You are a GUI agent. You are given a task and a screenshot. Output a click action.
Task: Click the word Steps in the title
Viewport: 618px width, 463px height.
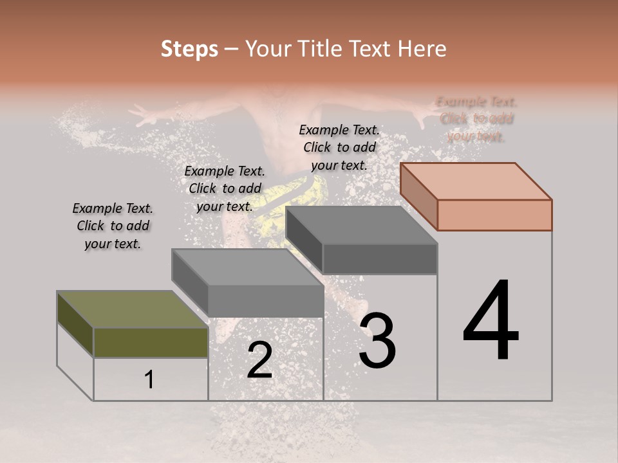189,49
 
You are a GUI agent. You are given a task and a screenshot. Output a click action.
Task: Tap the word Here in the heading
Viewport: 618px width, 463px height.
422,49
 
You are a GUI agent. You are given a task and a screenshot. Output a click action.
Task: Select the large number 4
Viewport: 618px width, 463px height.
491,322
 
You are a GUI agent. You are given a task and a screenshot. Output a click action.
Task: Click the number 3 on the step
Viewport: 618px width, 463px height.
377,341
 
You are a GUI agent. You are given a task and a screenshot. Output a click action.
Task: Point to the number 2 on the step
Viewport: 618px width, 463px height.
259,361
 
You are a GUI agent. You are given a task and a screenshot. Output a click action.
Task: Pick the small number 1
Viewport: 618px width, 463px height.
149,380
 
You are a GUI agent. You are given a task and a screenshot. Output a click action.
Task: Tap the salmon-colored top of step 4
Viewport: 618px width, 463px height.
476,181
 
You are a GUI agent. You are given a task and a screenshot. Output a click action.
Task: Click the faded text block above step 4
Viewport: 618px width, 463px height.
476,119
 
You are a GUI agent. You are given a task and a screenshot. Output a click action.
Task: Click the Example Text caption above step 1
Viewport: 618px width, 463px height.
113,226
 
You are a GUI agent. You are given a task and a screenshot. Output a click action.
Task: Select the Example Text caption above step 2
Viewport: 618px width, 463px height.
225,188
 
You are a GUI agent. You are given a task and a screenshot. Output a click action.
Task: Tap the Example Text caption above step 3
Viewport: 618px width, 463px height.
339,147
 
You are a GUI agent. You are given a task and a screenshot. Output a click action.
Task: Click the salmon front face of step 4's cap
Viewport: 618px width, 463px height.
494,215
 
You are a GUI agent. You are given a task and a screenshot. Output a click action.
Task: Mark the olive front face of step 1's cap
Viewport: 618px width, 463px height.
151,343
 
